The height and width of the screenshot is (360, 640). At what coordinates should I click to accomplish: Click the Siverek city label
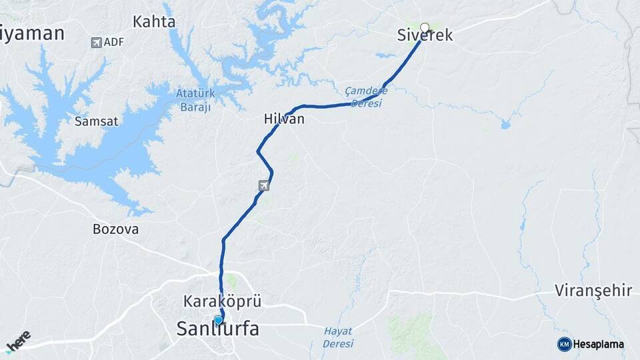tap(425, 36)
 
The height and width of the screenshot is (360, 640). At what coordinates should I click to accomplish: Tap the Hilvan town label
tap(284, 119)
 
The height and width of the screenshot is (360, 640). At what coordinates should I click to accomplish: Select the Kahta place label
tap(154, 22)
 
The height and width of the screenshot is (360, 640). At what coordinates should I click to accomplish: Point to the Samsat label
tap(96, 121)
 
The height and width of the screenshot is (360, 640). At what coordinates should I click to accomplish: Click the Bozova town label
tap(115, 229)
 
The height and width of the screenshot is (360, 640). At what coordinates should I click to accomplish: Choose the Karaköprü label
tap(223, 301)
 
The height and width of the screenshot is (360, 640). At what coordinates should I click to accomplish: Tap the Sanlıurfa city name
tap(218, 328)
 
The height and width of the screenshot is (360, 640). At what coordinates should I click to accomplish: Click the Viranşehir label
tap(592, 291)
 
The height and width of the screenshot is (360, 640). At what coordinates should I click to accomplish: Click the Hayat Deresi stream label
tap(338, 337)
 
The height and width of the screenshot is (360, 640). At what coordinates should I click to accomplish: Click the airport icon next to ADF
tap(97, 43)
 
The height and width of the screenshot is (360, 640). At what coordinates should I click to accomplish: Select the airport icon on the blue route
tap(264, 185)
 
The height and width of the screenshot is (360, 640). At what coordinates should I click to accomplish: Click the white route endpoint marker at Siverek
tap(425, 28)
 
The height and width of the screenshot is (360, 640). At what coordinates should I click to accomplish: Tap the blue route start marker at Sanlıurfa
tap(218, 319)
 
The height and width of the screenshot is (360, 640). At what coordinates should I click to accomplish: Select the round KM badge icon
tap(564, 344)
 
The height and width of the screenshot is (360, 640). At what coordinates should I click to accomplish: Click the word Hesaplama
tap(598, 344)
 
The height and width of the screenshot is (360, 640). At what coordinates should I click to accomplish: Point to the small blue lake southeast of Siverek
tap(505, 124)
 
